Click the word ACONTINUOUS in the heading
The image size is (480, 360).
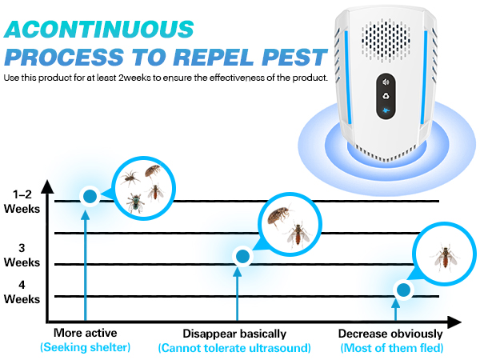tap(99, 28)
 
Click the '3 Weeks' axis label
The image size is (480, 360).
tap(21, 255)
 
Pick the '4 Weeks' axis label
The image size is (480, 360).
tap(21, 292)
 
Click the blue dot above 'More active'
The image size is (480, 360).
tap(90, 195)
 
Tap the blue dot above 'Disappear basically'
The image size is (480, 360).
tap(242, 256)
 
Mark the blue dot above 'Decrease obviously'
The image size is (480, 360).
tap(405, 290)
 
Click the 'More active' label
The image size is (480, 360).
tap(85, 333)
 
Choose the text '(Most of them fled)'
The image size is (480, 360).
tap(391, 347)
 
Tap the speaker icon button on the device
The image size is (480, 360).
tap(386, 82)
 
